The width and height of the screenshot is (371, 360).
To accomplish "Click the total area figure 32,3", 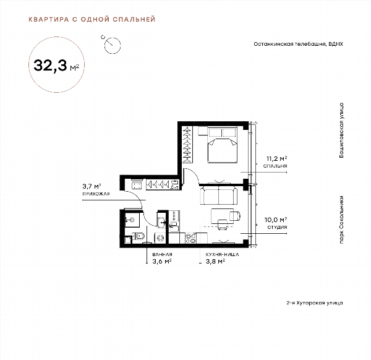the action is [x=50, y=66].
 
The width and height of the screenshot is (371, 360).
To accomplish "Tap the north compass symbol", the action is [x=113, y=45].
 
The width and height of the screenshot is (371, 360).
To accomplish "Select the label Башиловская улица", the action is [x=341, y=130].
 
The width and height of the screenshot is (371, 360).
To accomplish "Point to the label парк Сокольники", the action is [x=341, y=220].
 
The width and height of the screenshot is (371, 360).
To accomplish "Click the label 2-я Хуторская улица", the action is [x=315, y=303].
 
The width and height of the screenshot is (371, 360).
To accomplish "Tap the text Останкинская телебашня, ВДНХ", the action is [x=298, y=44].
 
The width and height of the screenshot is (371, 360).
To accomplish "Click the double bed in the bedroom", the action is [x=223, y=145].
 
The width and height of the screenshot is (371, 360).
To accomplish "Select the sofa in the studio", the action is [x=218, y=195].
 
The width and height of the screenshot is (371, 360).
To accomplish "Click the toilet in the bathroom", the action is [x=139, y=236].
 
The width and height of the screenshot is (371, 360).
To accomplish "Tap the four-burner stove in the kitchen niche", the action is [x=190, y=238].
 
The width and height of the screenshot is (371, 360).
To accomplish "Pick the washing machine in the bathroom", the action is [x=161, y=238].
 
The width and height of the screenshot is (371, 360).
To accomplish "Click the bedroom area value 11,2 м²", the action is [x=277, y=158].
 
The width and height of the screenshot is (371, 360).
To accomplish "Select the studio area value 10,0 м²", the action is [x=276, y=220].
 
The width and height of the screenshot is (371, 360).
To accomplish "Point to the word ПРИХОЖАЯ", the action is [x=96, y=194].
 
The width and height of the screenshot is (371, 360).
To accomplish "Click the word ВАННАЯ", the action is [x=162, y=255].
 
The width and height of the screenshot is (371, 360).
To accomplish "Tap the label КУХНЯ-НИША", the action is [x=222, y=255].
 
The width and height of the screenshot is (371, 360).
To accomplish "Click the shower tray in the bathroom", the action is [x=132, y=220].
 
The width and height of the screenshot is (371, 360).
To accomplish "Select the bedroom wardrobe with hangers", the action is [x=187, y=144].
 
